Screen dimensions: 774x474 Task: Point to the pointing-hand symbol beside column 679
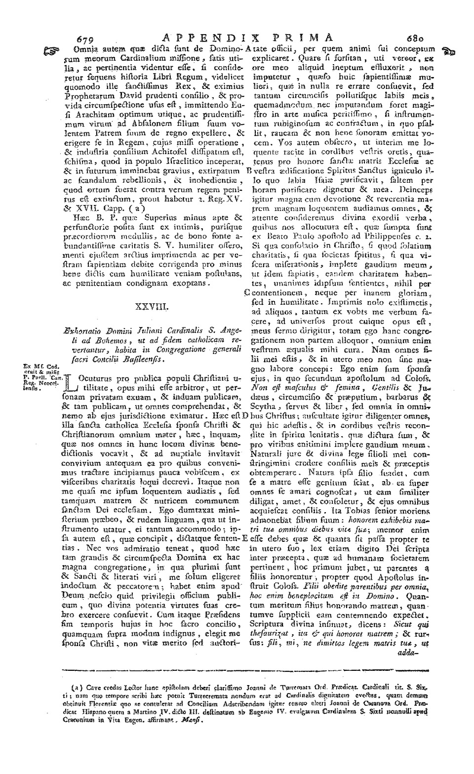51,49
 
